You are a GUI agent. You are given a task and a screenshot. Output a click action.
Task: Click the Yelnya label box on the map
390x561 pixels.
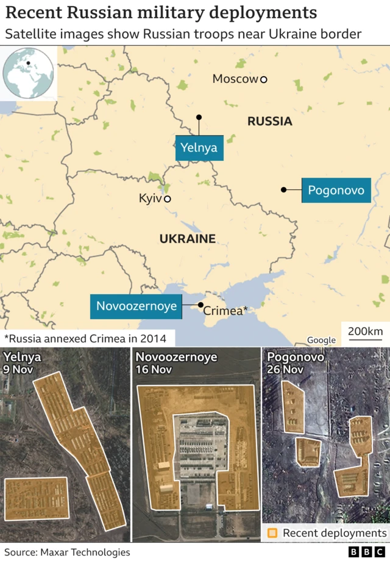coord(199,147)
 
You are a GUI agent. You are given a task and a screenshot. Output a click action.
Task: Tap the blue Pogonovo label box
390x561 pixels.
coord(336,191)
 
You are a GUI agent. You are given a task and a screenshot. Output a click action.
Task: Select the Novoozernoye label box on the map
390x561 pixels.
coord(136,306)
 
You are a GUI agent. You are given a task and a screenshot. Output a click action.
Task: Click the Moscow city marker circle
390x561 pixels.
coord(263,79)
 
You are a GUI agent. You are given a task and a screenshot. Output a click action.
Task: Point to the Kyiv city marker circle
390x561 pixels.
coord(168,199)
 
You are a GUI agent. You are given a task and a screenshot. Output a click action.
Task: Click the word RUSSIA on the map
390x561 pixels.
coord(269,121)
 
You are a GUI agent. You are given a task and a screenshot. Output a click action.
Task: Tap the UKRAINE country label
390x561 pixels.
coord(188,239)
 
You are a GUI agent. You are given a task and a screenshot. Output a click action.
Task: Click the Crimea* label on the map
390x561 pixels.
coord(225,311)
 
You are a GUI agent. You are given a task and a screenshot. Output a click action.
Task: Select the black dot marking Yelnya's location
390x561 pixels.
coord(199,117)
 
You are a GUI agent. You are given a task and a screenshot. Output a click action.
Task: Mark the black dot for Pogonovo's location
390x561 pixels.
coord(283,190)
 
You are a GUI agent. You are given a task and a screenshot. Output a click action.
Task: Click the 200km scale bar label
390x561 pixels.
coord(366,331)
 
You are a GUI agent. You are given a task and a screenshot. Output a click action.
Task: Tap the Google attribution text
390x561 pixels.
coord(321,340)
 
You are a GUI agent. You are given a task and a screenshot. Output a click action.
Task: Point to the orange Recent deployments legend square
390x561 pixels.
coord(272,533)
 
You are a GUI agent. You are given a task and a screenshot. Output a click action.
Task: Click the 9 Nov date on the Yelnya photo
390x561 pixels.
coord(19,369)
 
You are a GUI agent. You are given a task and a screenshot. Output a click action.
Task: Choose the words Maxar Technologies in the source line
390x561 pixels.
coord(85,552)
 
